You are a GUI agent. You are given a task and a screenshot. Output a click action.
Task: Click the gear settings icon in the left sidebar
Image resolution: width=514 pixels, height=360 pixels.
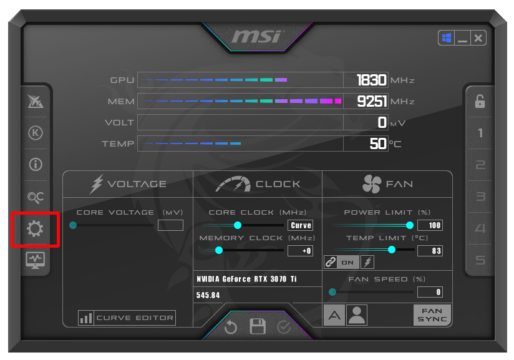coord(35,230)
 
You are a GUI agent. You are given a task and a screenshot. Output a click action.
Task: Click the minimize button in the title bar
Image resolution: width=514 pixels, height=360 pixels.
coord(462,39)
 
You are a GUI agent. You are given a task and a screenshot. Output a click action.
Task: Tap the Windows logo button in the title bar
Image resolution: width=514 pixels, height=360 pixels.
coord(447,39)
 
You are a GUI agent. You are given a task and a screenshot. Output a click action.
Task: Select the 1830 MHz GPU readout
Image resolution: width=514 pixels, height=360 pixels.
coord(372,80)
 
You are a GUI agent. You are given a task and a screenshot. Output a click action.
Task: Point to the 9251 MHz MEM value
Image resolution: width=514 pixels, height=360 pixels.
coord(372,101)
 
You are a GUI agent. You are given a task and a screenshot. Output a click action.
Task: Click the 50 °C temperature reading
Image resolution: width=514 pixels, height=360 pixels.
coord(378,144)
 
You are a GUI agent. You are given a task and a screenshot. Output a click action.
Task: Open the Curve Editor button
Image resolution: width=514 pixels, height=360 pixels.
coord(127,318)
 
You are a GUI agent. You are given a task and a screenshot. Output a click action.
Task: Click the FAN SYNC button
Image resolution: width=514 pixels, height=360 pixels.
coord(432,315)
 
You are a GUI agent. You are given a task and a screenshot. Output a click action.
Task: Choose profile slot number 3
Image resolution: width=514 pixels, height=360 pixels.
coord(480,197)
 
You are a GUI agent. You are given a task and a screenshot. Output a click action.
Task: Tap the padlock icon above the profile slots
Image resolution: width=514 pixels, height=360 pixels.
coord(480,102)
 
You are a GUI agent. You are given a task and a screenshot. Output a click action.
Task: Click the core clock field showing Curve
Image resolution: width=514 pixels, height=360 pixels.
coord(301,225)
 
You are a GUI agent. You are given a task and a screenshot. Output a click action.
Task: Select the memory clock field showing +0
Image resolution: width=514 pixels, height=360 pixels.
coord(301,251)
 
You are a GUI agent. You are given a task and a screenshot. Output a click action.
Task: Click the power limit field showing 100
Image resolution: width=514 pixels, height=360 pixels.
coord(430,225)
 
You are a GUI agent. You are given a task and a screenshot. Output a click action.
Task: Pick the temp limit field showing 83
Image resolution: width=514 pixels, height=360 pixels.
coord(430,251)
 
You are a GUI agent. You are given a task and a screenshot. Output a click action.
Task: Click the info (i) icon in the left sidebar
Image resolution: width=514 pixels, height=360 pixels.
coord(36,165)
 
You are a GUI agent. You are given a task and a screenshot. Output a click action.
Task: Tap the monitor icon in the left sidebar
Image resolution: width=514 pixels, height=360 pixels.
coord(35,260)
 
